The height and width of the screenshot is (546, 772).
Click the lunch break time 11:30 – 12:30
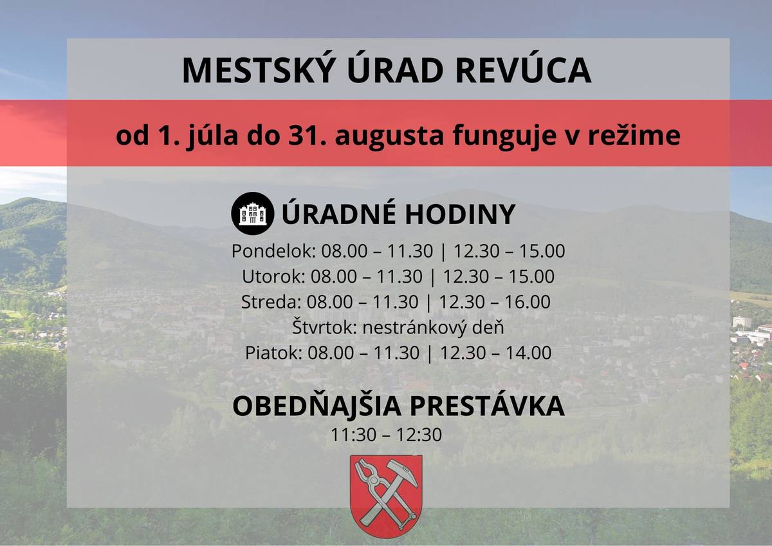click(386, 435)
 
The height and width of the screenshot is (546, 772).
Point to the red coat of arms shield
click(386, 495)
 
